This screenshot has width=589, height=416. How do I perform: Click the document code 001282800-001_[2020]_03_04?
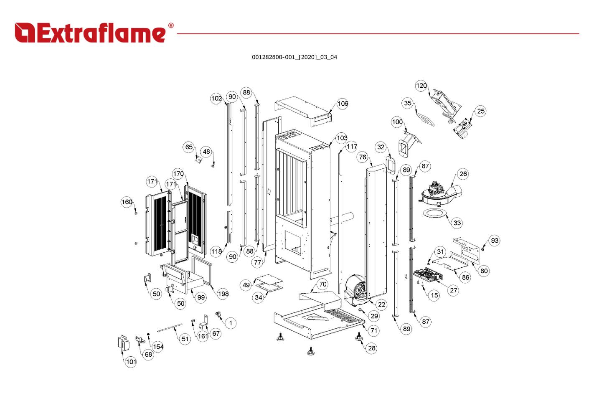[x=294, y=57]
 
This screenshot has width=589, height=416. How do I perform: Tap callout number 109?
[x=343, y=104]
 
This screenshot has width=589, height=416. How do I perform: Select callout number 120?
[x=421, y=86]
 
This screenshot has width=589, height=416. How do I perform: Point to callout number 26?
[x=463, y=174]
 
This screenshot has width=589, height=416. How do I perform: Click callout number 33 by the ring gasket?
[x=457, y=223]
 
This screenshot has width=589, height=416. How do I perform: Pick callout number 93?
[x=495, y=241]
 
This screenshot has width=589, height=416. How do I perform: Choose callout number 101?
[x=131, y=362]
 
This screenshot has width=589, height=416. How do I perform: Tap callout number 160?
[x=127, y=202]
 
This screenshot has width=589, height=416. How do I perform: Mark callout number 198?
[x=223, y=294]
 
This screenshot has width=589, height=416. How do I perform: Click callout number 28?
[x=371, y=348]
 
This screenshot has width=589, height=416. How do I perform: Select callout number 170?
[x=178, y=174]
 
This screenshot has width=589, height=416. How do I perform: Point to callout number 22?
[x=381, y=304]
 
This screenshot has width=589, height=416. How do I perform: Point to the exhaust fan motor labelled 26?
[x=439, y=193]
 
